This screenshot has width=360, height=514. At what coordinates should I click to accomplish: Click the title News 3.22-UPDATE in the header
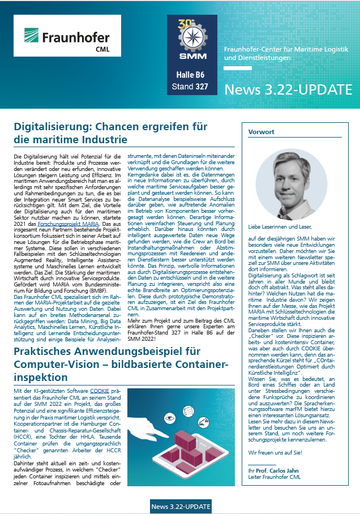click(x=288, y=89)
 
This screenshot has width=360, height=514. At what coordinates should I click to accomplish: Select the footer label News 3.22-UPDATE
click(x=181, y=506)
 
